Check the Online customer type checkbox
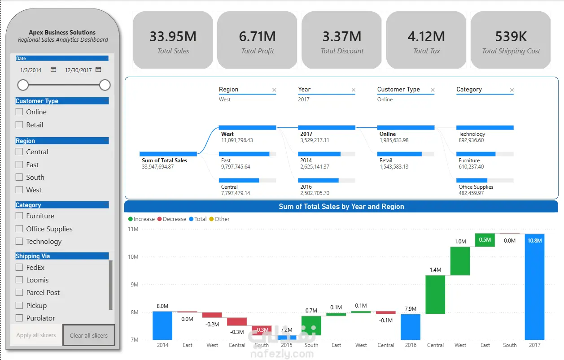(19, 112)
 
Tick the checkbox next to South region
(19, 177)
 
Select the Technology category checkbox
(19, 241)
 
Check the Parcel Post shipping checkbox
(19, 292)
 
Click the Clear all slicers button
(89, 335)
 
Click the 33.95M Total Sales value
(173, 36)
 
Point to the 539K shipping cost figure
(511, 36)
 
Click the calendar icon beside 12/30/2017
(98, 69)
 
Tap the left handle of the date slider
(23, 85)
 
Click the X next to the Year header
(354, 90)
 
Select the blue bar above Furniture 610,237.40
(476, 154)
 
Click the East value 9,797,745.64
(236, 166)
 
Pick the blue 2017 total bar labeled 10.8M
(534, 287)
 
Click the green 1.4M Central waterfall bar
(435, 295)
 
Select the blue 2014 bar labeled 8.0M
(162, 325)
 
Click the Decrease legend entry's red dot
(159, 219)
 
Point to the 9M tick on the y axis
(135, 285)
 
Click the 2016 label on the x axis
(411, 345)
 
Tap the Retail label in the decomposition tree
(386, 160)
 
